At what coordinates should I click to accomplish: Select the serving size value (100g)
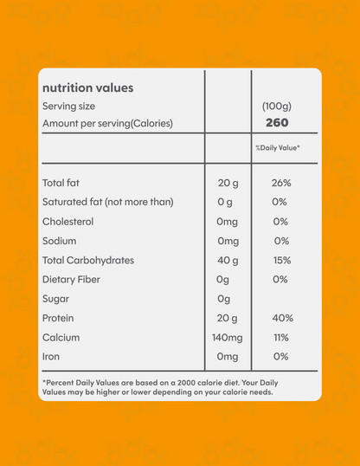[277, 106]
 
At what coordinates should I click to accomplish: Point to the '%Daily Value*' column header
[278, 148]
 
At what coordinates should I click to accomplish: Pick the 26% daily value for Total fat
[280, 183]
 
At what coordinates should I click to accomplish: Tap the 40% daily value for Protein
[280, 317]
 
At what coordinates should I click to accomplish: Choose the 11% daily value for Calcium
[280, 336]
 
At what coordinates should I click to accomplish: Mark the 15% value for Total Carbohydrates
[280, 260]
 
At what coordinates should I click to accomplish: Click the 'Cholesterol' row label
[69, 221]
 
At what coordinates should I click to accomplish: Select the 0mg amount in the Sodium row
[228, 241]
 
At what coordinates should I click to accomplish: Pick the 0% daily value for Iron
[280, 355]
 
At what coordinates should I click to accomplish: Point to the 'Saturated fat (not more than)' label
[107, 202]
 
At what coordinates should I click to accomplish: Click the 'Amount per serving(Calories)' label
[107, 123]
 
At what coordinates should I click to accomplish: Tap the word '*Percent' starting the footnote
[59, 382]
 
